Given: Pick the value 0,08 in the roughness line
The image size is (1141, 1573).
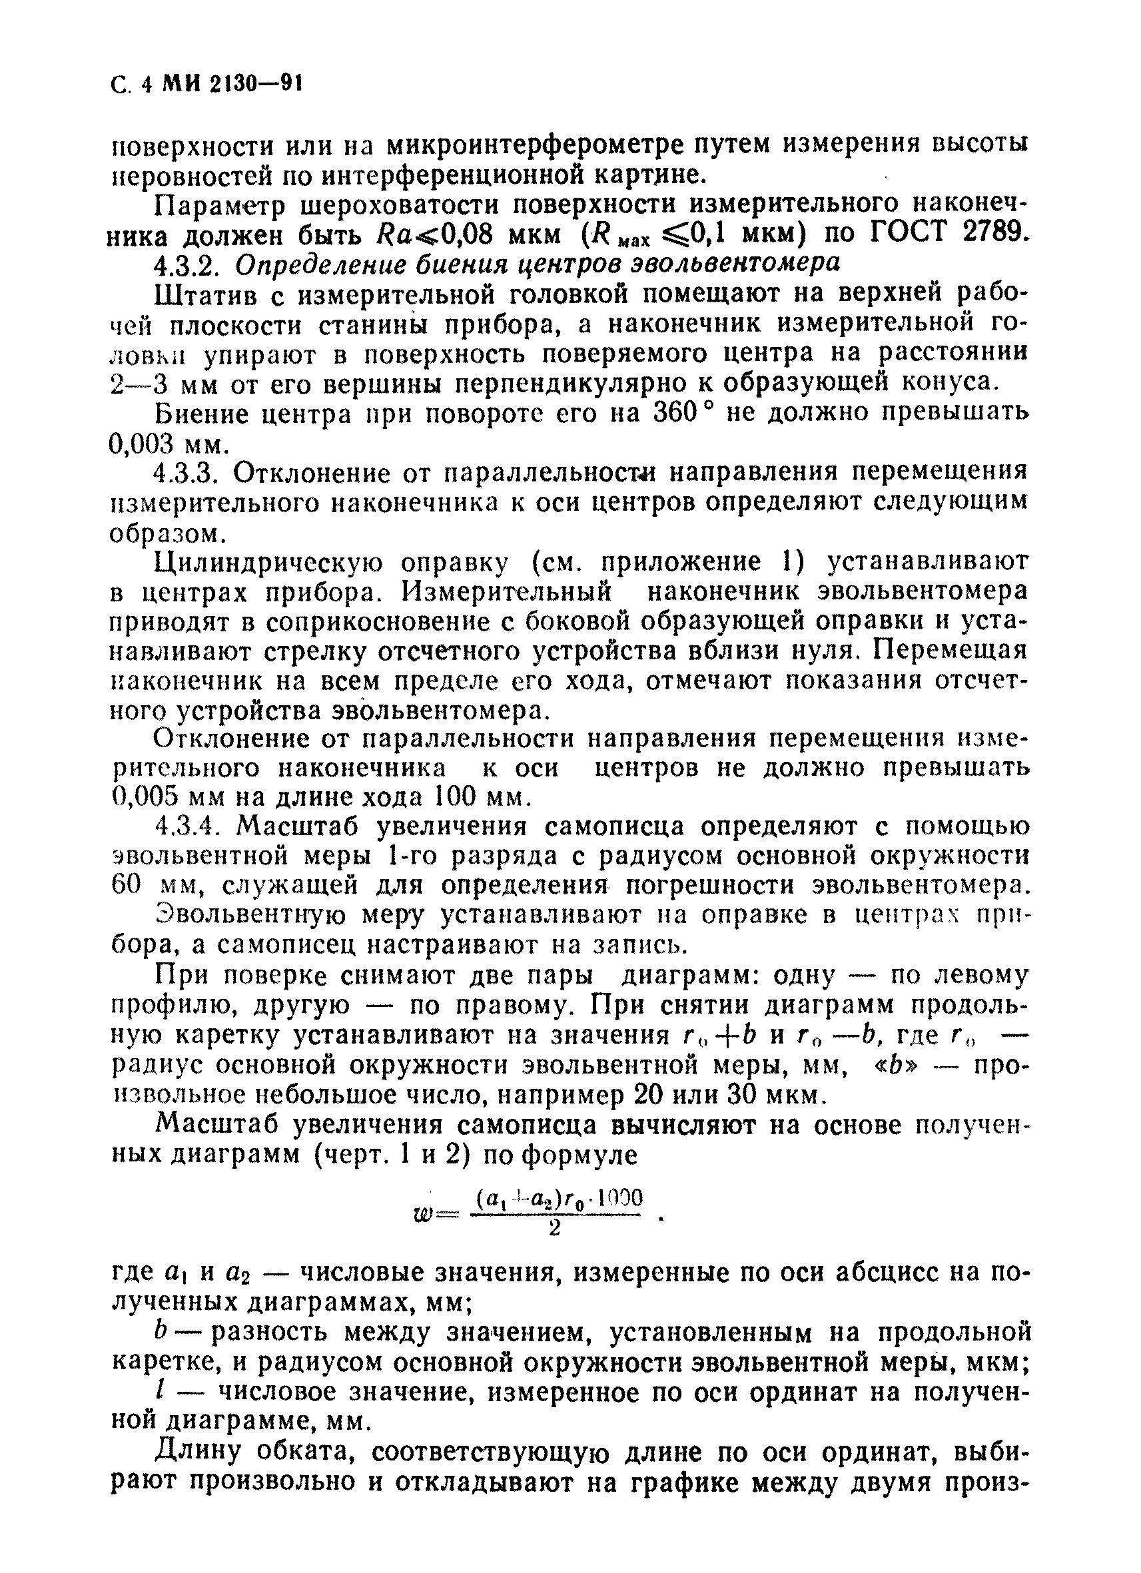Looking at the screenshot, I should tap(458, 234).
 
